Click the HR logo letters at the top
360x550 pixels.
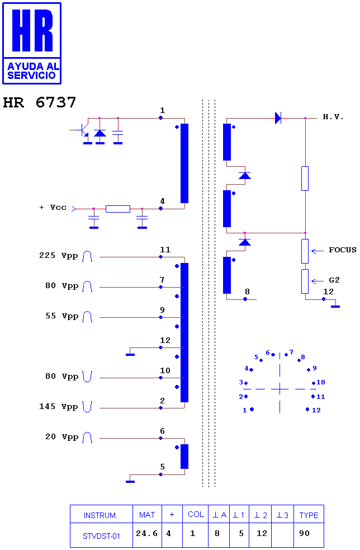point(32,30)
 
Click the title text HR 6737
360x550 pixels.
point(39,102)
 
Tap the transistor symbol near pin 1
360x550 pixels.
point(84,130)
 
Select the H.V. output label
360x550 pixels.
point(333,117)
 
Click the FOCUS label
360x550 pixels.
point(343,250)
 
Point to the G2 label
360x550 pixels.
point(334,280)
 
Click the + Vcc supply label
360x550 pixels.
point(53,208)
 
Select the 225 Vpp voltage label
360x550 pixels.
point(59,255)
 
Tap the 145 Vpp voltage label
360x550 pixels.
point(59,407)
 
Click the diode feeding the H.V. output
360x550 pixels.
point(278,118)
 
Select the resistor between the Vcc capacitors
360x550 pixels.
point(118,209)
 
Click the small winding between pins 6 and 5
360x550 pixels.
point(184,457)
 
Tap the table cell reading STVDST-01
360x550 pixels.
point(101,536)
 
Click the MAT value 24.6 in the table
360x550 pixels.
point(147,534)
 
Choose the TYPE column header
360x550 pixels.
point(309,515)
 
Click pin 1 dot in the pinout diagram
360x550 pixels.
point(252,410)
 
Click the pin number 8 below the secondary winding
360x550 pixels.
point(248,292)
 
